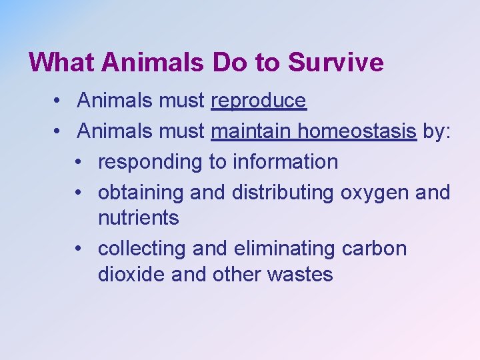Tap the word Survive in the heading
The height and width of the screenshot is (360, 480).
click(336, 63)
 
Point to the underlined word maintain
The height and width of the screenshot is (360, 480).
click(251, 132)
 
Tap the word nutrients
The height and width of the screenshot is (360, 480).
click(138, 218)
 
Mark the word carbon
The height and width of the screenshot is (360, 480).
click(374, 249)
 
